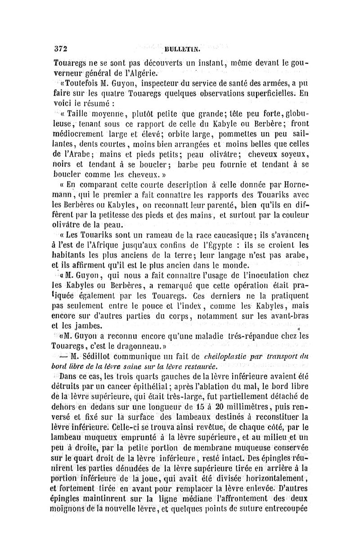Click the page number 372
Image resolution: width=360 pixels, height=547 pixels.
pos(59,48)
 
